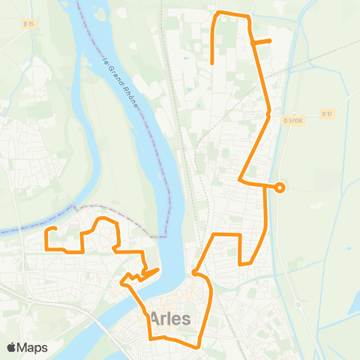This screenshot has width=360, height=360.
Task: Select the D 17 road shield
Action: pos(325,114)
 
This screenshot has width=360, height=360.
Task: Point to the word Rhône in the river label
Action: pos(131,95)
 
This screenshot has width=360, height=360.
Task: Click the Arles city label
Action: pos(170,318)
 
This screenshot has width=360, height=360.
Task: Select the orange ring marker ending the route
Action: pos(280,187)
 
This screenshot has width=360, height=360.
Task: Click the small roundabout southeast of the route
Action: pos(296,304)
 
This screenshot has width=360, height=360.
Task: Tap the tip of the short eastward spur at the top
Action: pos(270,40)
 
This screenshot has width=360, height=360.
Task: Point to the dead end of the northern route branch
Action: pos(213,63)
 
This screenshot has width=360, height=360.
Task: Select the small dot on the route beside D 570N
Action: pos(268,114)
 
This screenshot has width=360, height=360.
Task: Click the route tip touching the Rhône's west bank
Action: pos(158,269)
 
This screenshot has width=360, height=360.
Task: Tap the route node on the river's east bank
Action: pos(194,272)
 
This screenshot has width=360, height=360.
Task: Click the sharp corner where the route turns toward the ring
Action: pos(240,181)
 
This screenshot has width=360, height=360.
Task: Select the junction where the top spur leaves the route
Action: pos(255,43)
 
